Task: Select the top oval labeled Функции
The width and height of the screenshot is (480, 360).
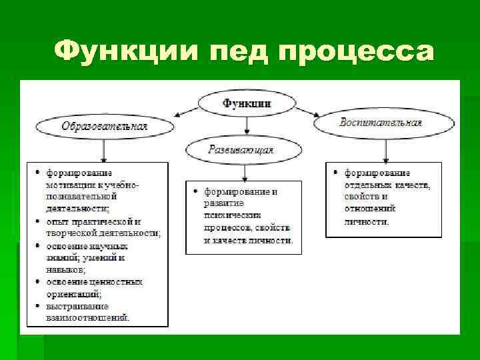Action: tap(247, 103)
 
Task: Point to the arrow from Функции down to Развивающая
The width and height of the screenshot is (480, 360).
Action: tap(247, 125)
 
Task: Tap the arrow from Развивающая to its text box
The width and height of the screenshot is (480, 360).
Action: tap(245, 171)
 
